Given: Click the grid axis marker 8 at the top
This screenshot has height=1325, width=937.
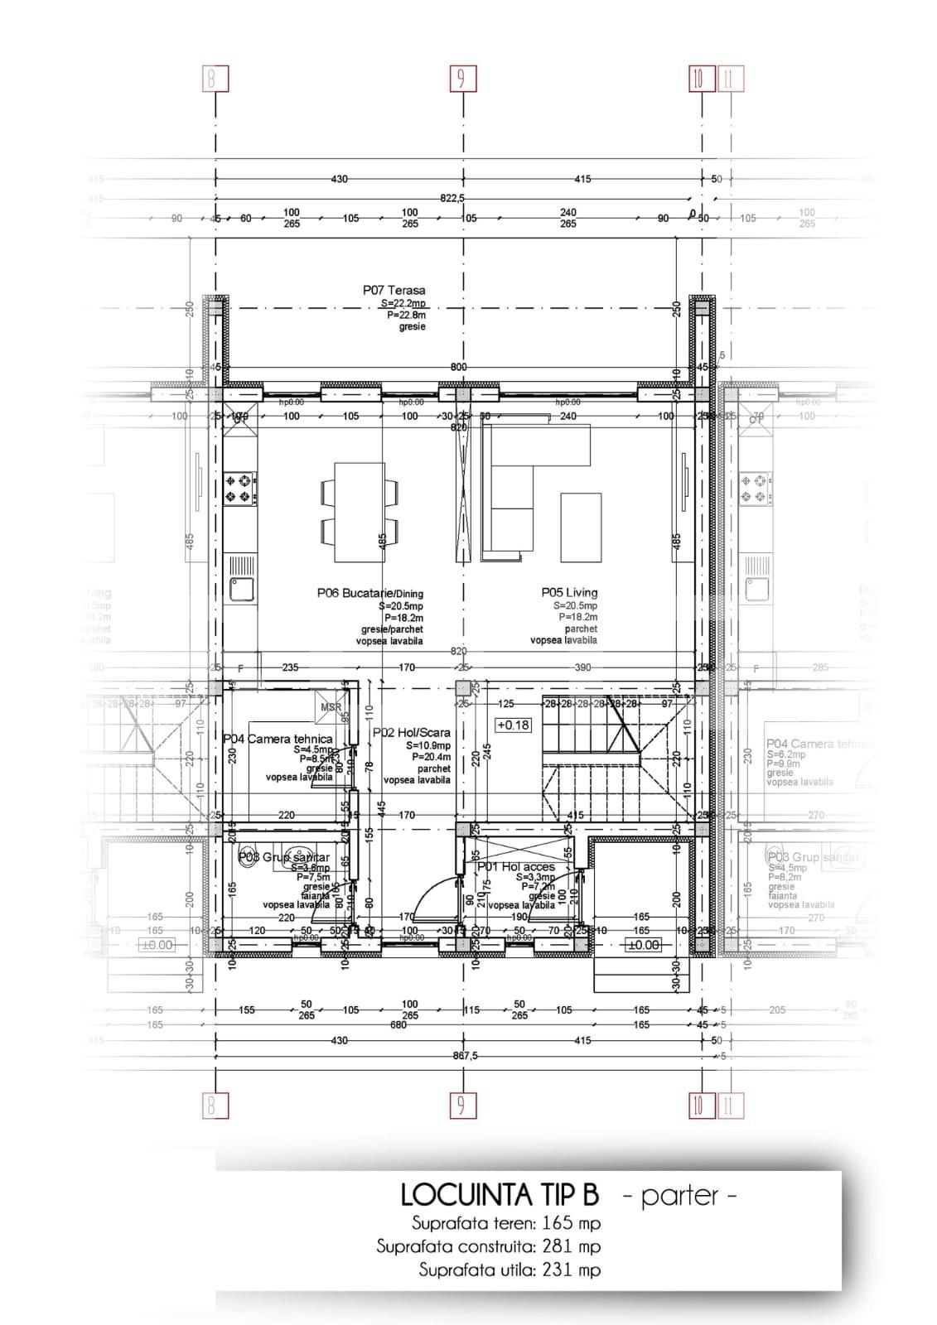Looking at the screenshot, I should click(x=215, y=79).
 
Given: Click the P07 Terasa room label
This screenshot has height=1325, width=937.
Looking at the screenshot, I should click(x=394, y=291).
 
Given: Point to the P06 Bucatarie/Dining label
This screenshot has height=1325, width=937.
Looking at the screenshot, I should click(x=369, y=593).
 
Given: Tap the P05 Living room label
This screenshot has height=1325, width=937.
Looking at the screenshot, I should click(x=569, y=592).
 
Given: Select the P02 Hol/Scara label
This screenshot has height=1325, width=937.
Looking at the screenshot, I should click(x=412, y=732).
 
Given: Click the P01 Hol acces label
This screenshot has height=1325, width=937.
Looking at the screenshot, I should click(x=516, y=866).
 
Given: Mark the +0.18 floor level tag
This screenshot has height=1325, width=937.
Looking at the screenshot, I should click(x=513, y=725).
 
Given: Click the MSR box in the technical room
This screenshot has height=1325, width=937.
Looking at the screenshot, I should click(x=331, y=708).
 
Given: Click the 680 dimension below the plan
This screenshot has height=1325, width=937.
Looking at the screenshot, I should click(x=398, y=1025).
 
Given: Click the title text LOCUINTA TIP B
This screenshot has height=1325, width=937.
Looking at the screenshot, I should click(x=500, y=1196).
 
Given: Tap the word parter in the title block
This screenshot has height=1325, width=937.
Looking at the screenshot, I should click(x=678, y=1196).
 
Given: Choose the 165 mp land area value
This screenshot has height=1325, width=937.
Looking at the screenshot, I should click(x=572, y=1223).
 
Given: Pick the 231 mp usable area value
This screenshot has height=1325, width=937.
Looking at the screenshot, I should click(x=572, y=1270).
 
